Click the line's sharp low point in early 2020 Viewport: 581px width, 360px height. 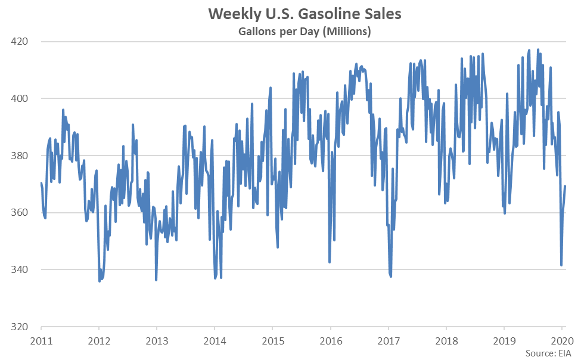561,265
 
